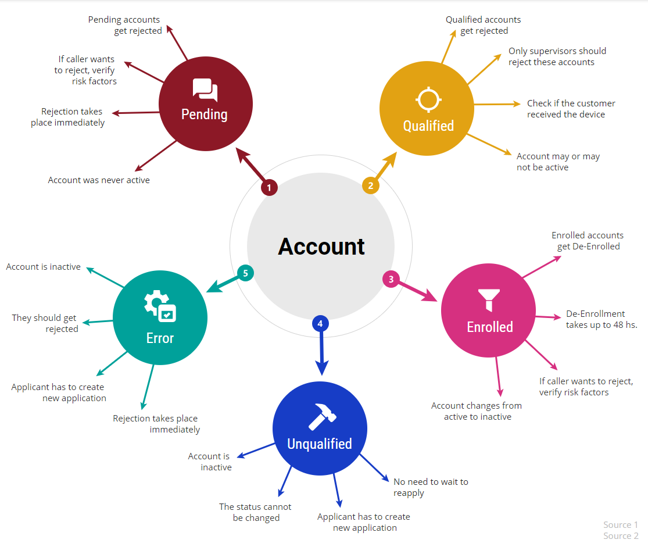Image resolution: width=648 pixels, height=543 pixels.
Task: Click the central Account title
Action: click(x=321, y=247)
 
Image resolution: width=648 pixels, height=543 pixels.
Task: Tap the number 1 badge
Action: click(x=269, y=187)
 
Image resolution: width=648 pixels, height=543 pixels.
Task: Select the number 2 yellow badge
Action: click(x=371, y=185)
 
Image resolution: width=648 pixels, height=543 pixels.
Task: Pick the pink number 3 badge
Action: click(x=391, y=279)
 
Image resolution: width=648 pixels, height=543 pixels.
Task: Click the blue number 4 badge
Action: click(x=320, y=323)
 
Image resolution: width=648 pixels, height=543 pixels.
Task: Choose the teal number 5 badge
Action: click(x=246, y=273)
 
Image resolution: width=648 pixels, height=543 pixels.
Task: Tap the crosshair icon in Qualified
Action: click(x=428, y=99)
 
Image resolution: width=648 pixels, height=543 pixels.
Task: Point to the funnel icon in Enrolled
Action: click(x=490, y=299)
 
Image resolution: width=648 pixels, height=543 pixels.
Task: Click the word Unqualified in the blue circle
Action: click(x=320, y=444)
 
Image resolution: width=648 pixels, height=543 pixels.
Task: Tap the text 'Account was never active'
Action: click(x=99, y=180)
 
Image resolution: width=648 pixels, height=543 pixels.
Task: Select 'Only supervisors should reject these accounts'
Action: click(x=557, y=56)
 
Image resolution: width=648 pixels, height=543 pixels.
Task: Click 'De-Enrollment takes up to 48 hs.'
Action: click(x=601, y=319)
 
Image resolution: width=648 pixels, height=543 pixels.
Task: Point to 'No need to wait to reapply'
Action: click(x=431, y=487)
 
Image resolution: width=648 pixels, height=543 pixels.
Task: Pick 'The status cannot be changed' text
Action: click(x=256, y=512)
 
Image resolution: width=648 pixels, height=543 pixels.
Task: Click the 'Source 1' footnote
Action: click(x=621, y=525)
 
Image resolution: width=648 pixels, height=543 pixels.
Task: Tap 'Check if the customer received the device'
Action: click(x=571, y=109)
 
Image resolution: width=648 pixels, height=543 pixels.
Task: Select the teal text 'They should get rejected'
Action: click(x=45, y=323)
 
